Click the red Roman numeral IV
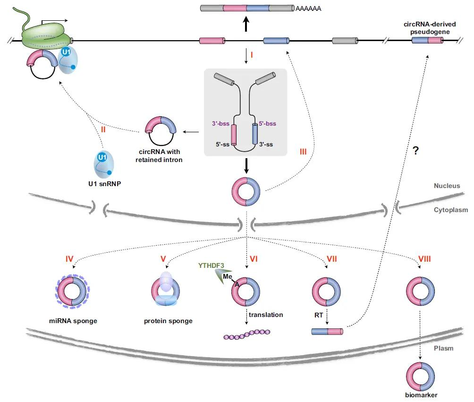click(69, 259)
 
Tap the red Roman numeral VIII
click(424, 259)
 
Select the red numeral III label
click(303, 152)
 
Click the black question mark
click(416, 150)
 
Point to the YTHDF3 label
click(211, 265)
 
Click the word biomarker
click(421, 395)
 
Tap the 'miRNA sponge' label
click(73, 321)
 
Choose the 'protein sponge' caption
click(168, 321)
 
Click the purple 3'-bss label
click(220, 123)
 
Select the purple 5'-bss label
click(268, 123)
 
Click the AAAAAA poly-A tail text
click(308, 9)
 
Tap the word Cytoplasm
click(451, 210)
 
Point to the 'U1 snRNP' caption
click(105, 184)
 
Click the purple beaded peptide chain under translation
click(246, 334)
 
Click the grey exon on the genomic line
click(345, 41)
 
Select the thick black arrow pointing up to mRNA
click(246, 24)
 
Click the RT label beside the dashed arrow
click(319, 315)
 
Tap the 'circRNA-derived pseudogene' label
click(430, 28)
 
